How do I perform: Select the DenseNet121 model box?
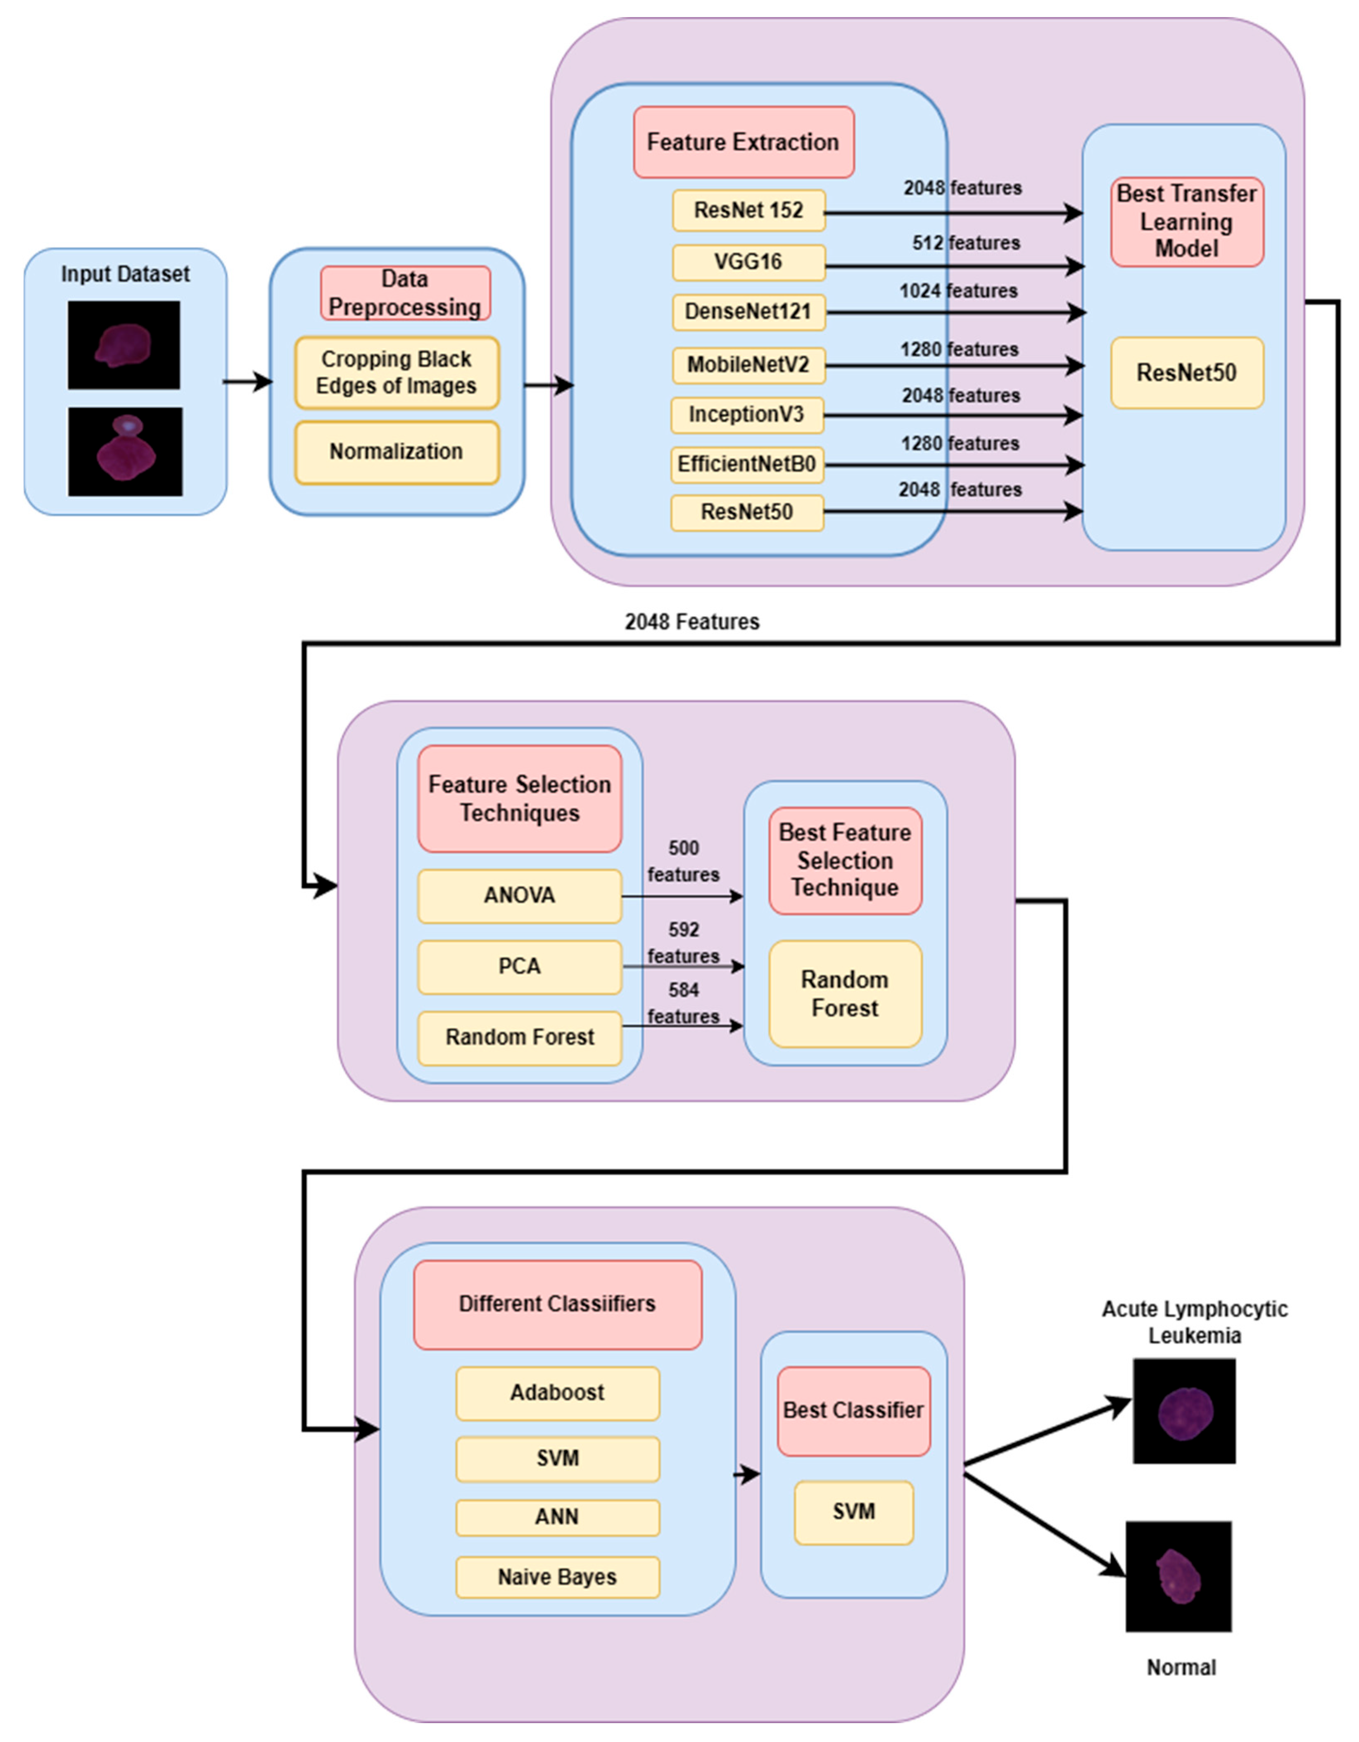pyautogui.click(x=748, y=312)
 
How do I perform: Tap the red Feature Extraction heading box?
pyautogui.click(x=743, y=142)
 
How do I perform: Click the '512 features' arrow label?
pyautogui.click(x=966, y=242)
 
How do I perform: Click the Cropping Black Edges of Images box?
pyautogui.click(x=397, y=373)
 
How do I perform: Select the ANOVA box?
pyautogui.click(x=519, y=896)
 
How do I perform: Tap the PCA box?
pyautogui.click(x=519, y=967)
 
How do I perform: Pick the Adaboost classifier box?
pyautogui.click(x=558, y=1393)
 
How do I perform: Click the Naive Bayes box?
pyautogui.click(x=558, y=1577)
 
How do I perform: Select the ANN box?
pyautogui.click(x=558, y=1516)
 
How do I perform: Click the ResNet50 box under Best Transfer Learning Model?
pyautogui.click(x=1187, y=373)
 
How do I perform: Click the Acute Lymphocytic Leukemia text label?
pyautogui.click(x=1194, y=1321)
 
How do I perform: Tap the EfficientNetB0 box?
pyautogui.click(x=746, y=464)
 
